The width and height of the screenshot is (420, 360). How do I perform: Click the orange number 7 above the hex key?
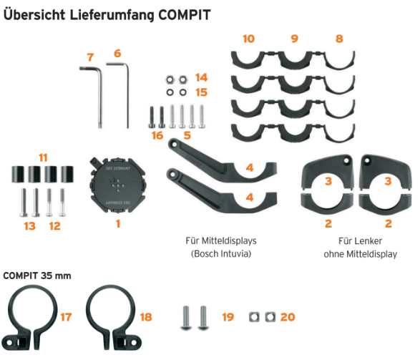coord(91,57)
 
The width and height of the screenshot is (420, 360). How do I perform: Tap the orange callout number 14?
coord(202,78)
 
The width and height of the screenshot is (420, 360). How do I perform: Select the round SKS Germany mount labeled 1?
coord(117,185)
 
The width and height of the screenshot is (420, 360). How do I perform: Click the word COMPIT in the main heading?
coord(185,15)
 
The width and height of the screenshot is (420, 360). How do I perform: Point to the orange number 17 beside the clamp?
coord(66,317)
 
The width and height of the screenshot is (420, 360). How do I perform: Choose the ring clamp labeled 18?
coord(114,318)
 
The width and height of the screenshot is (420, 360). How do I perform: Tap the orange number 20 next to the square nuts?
coord(288,317)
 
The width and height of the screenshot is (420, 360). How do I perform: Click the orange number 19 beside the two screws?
coord(228,317)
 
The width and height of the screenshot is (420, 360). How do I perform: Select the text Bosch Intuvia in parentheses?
coord(221,253)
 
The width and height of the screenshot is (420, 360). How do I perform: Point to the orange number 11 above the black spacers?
coord(43,157)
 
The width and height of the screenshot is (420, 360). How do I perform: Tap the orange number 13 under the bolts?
coord(30,226)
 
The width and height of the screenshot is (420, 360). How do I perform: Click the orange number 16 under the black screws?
coord(157,135)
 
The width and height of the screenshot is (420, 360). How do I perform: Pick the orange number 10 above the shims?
coord(248,39)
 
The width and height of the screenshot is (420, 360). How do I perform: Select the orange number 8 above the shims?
coord(339,39)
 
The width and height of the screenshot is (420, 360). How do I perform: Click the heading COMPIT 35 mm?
coord(37,276)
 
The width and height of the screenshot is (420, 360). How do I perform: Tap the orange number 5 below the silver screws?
coord(187,135)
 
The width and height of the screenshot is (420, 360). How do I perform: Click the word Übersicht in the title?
coord(34,15)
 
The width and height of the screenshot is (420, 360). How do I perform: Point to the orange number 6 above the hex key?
coord(117,53)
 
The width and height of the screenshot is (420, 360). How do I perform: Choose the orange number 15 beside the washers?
coord(202,92)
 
